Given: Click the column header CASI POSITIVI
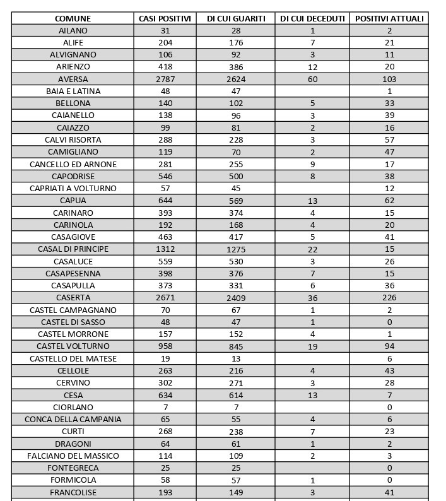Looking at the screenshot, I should (x=165, y=18).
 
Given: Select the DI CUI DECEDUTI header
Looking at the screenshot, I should (x=312, y=18).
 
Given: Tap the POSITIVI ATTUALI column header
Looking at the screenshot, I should (x=389, y=18).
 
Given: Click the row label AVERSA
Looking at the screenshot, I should (x=73, y=79).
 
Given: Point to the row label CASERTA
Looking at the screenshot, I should (x=73, y=298).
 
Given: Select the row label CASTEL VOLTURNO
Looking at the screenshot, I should (x=73, y=346).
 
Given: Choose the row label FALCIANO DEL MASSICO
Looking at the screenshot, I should (x=73, y=456).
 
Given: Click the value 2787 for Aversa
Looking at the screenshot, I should (x=165, y=79).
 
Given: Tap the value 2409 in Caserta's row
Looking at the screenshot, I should (x=236, y=298).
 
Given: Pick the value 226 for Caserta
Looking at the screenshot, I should (x=389, y=298).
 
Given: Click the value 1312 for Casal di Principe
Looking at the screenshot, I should (x=165, y=249).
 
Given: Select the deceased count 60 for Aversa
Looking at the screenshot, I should (x=312, y=79).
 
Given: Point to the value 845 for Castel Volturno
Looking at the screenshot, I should (x=236, y=346).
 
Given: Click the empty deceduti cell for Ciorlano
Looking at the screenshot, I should (x=312, y=407).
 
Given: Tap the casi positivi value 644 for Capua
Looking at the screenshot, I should (x=165, y=201).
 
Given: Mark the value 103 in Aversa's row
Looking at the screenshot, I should (x=389, y=79).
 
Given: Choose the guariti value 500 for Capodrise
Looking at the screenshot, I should (x=236, y=176).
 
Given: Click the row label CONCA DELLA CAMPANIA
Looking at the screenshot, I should (x=73, y=419).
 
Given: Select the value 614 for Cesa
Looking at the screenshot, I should (x=236, y=395).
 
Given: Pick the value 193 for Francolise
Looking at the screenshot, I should (x=165, y=492).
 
